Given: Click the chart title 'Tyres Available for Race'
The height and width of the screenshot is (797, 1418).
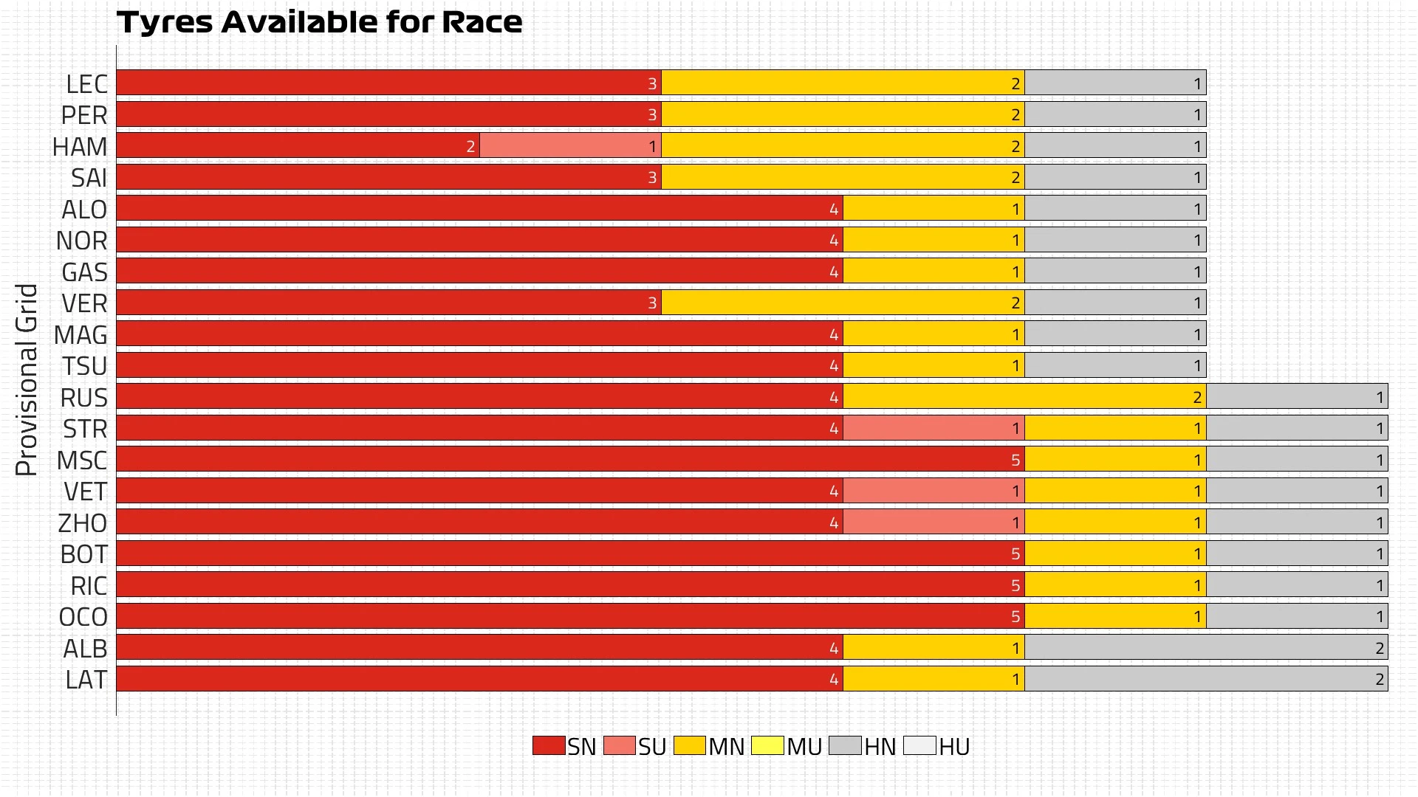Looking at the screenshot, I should point(319,22).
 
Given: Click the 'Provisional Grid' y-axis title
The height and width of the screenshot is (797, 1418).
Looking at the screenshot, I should point(27,380).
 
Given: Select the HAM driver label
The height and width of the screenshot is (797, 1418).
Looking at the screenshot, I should point(80,146).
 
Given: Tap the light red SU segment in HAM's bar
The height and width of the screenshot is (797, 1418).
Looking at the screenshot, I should point(570,145).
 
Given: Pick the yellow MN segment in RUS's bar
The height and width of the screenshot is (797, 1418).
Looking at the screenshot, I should point(1024,396).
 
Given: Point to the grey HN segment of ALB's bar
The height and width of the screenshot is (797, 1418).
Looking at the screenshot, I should point(1205,647).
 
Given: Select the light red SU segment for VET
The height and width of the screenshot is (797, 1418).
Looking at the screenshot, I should point(934,491).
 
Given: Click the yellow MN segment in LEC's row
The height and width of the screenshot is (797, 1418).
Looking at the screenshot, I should point(842,83).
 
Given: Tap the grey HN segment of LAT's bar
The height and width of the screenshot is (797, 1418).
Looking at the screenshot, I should point(1205,679).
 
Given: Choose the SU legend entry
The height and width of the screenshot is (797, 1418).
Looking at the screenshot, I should point(635,746).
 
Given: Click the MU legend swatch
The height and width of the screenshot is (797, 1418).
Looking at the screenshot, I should point(767,745).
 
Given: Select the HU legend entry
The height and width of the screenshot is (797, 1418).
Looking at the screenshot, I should point(936,746).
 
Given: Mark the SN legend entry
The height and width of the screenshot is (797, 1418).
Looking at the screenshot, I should point(564,746).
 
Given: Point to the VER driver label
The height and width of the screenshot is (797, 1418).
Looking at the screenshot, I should point(84,303).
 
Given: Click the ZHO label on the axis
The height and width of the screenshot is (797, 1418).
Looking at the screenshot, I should point(83,522).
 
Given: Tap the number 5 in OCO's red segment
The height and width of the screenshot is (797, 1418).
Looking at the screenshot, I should point(1015,616).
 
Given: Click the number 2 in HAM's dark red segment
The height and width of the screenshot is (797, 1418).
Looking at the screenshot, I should point(470,146).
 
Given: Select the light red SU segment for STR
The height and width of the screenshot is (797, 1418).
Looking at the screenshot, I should point(934,428).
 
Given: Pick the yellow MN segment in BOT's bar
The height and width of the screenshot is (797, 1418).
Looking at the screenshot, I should point(1115,553).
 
